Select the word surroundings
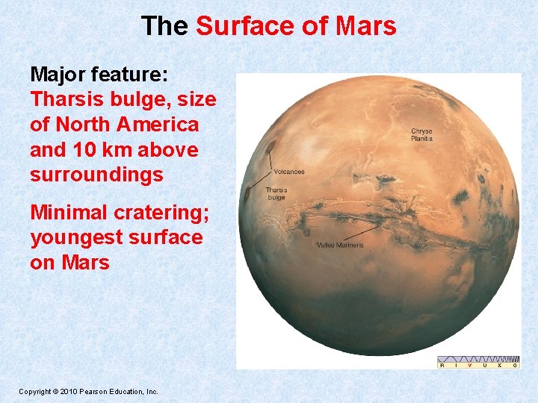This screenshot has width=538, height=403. click(96, 175)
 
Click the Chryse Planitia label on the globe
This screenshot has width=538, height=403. click(421, 135)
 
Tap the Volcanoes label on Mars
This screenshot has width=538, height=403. click(288, 172)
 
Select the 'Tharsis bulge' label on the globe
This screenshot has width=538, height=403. click(276, 193)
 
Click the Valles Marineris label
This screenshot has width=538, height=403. click(340, 245)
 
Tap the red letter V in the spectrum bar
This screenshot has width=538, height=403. click(471, 365)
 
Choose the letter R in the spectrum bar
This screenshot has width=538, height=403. click(442, 365)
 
